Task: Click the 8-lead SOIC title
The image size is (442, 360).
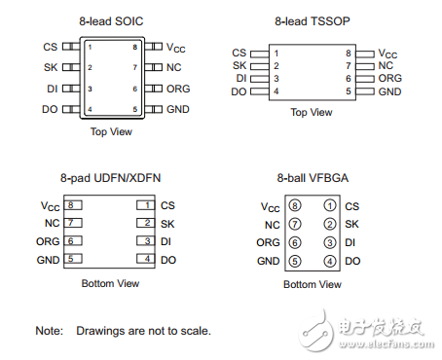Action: click(x=111, y=19)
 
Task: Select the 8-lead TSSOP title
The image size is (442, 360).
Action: click(x=313, y=19)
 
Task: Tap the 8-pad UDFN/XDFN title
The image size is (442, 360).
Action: click(x=112, y=178)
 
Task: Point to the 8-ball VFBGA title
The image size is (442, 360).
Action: click(x=313, y=178)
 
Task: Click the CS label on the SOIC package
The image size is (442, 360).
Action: click(x=49, y=46)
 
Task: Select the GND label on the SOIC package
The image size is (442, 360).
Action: click(x=178, y=109)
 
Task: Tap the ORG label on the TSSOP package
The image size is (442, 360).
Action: click(x=389, y=78)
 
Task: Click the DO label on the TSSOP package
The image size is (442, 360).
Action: click(x=239, y=91)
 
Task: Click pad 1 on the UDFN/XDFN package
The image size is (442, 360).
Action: click(x=145, y=205)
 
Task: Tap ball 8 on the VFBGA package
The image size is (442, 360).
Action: click(x=296, y=206)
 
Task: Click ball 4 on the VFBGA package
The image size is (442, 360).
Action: click(x=330, y=261)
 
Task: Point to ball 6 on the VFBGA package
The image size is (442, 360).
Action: click(x=296, y=242)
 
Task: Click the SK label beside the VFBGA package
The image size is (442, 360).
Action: click(x=351, y=225)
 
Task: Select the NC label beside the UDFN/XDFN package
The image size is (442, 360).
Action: click(x=51, y=224)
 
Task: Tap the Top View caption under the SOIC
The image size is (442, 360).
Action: click(x=111, y=131)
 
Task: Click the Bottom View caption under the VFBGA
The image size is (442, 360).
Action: click(x=313, y=284)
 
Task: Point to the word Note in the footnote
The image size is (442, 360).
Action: click(x=49, y=331)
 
